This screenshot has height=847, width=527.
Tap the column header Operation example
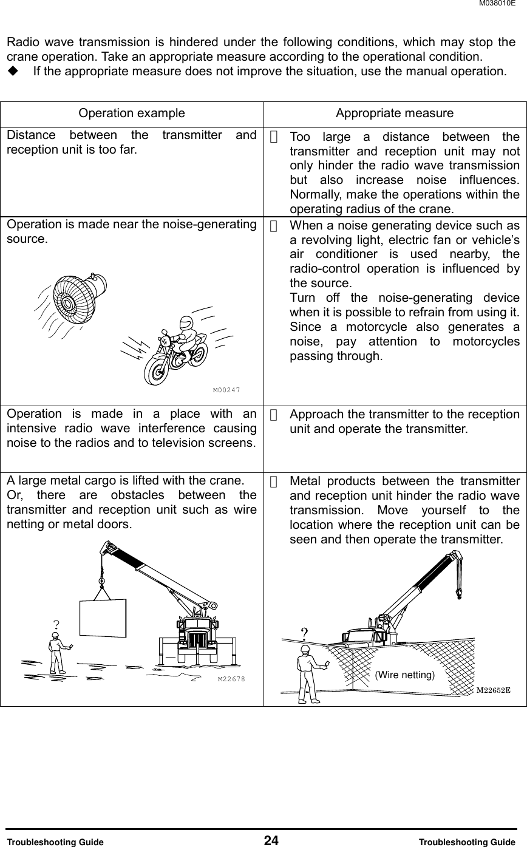[132, 114]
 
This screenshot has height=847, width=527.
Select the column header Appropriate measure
[394, 114]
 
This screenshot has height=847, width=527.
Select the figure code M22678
[231, 679]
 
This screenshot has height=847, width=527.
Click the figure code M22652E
[492, 690]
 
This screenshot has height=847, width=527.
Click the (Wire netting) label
[404, 675]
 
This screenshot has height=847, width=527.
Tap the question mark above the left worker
[56, 624]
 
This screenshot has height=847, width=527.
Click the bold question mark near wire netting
[304, 633]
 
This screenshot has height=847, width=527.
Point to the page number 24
[271, 840]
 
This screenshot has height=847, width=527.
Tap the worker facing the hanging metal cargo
[58, 653]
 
